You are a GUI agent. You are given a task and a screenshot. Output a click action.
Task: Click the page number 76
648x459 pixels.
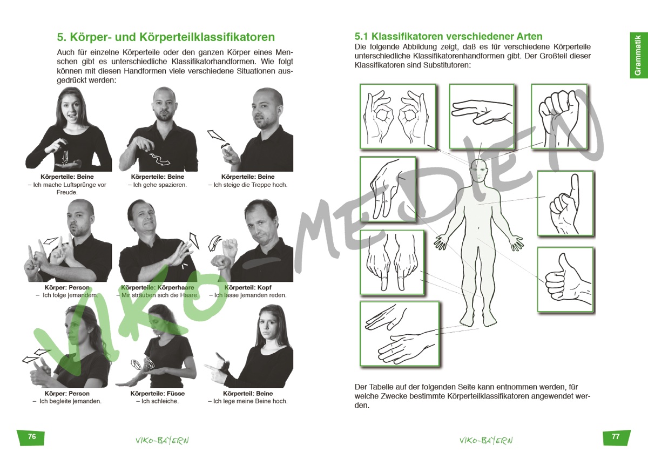point(32,436)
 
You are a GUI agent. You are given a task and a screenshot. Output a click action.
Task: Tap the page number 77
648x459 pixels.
point(616,436)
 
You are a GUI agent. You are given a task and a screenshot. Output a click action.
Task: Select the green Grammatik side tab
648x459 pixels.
point(638,55)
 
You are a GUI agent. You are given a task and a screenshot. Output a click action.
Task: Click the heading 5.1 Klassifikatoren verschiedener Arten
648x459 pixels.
point(448,36)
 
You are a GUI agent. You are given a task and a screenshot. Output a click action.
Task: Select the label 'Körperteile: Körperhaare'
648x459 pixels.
point(158,287)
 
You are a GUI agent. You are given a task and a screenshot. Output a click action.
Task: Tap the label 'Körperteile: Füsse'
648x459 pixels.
point(157,393)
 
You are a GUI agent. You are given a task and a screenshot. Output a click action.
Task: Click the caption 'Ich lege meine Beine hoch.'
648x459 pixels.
point(248,401)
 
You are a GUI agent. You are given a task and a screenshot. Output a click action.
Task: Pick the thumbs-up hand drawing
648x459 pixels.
point(565,280)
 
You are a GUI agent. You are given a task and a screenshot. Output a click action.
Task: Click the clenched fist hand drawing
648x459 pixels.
point(559,117)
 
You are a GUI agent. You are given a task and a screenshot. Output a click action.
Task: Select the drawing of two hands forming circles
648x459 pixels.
point(398,117)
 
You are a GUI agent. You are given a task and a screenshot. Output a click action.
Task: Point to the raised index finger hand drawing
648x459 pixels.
point(565,204)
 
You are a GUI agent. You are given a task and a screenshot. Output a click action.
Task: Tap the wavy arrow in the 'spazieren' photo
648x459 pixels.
point(160,160)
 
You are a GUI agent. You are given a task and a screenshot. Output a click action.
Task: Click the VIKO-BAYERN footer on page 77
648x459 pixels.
point(486,441)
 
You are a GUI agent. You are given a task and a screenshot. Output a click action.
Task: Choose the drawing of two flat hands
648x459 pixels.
point(400,334)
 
